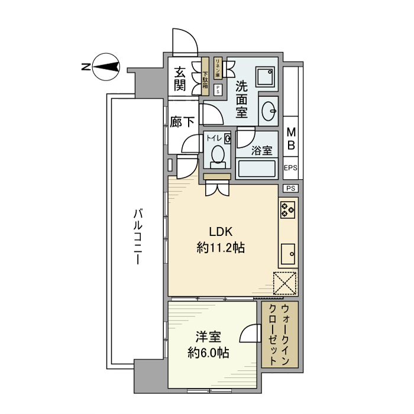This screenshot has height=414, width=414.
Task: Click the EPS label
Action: (290, 168)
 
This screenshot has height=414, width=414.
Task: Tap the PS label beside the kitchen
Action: (290, 188)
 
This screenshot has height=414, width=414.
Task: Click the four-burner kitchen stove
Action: (288, 209)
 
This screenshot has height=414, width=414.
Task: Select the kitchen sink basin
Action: (289, 254)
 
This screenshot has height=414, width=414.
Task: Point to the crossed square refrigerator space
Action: (285, 282)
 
